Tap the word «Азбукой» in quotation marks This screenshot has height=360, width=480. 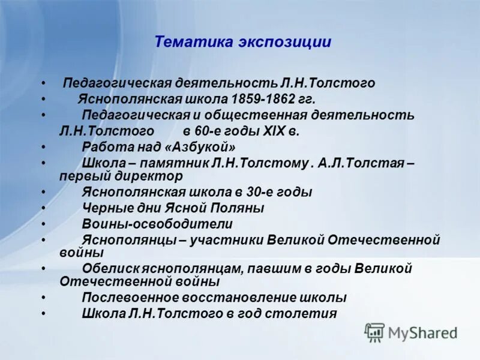click(201, 146)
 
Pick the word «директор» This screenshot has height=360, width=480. click(154, 176)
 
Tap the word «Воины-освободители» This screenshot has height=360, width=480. click(157, 224)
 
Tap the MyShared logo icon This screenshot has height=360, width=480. click(375, 332)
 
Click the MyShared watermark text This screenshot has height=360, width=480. click(423, 332)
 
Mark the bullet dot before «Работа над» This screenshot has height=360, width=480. click(43, 146)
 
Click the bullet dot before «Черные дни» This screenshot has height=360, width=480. click(43, 208)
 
